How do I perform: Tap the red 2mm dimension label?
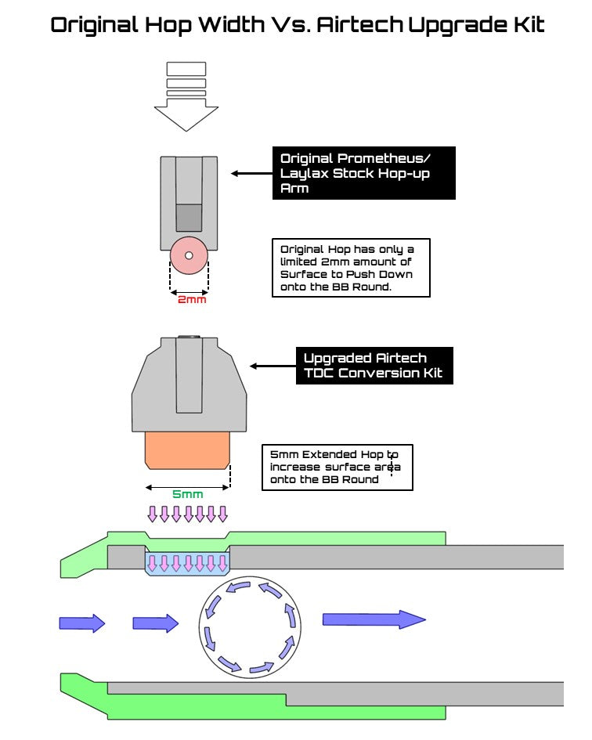(x=192, y=299)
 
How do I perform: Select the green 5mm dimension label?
(x=187, y=494)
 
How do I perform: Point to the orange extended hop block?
(x=188, y=449)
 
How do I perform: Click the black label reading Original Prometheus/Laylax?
(x=363, y=172)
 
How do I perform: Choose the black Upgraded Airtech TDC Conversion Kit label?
(x=374, y=366)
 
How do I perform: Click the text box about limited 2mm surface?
(x=351, y=268)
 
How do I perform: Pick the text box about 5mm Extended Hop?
(x=337, y=467)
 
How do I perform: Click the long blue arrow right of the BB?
(x=374, y=619)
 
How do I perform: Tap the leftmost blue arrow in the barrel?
(x=81, y=623)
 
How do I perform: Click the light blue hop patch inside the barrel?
(x=187, y=563)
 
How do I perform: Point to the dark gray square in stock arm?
(x=189, y=217)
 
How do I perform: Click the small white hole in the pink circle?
(x=189, y=255)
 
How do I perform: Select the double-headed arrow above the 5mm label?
(x=187, y=487)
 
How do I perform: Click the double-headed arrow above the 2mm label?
(x=189, y=291)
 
